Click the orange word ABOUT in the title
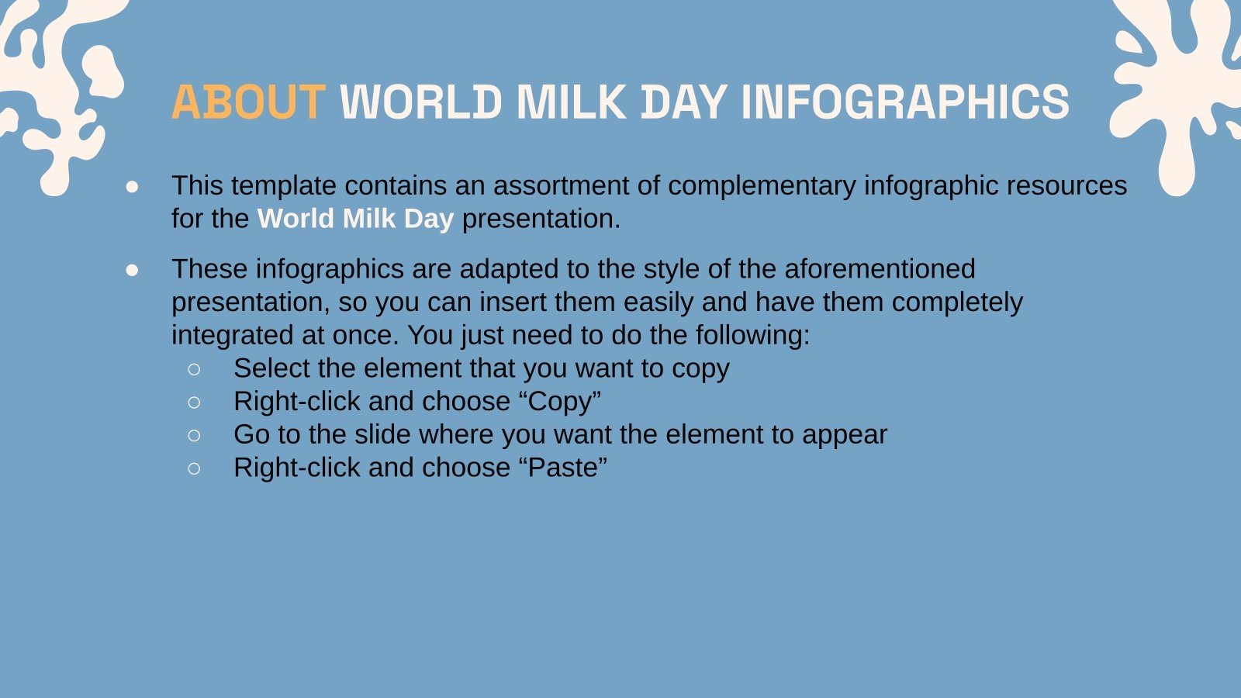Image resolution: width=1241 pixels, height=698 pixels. point(247,102)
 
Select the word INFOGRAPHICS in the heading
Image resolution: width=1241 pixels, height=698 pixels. point(905,102)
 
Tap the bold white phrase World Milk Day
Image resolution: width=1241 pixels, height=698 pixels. point(355,219)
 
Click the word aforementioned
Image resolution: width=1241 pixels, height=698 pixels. point(880,269)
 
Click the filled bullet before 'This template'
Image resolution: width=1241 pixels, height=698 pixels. point(133,187)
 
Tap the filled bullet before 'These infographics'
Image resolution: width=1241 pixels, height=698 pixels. point(133,270)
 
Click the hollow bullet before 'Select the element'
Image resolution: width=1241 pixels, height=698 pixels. point(194,369)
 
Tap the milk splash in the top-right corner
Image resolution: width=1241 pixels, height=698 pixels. point(1179,85)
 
